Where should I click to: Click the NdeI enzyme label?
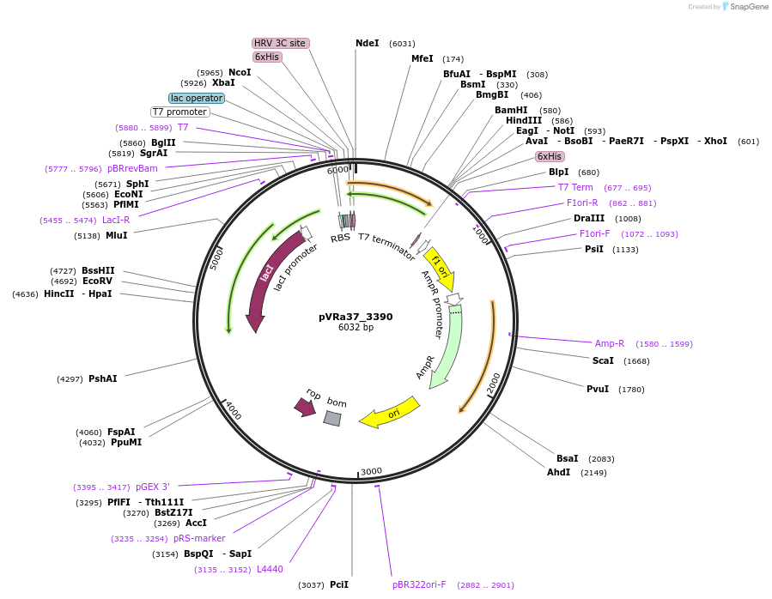(367, 43)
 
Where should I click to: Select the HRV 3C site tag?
(280, 43)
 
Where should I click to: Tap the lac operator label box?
(197, 98)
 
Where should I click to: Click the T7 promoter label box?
(180, 112)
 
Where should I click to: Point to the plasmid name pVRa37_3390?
(356, 317)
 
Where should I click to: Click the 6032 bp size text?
(356, 328)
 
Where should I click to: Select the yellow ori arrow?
(389, 413)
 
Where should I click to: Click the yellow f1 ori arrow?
(440, 267)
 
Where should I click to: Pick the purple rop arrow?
(305, 406)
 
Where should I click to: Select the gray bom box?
(332, 418)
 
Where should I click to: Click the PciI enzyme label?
(339, 584)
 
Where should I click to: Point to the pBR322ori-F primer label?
(419, 584)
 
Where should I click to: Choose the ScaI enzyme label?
(603, 360)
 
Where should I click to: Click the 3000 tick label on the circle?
(371, 471)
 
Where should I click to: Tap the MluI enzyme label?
(116, 235)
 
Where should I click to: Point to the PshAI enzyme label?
(102, 378)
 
